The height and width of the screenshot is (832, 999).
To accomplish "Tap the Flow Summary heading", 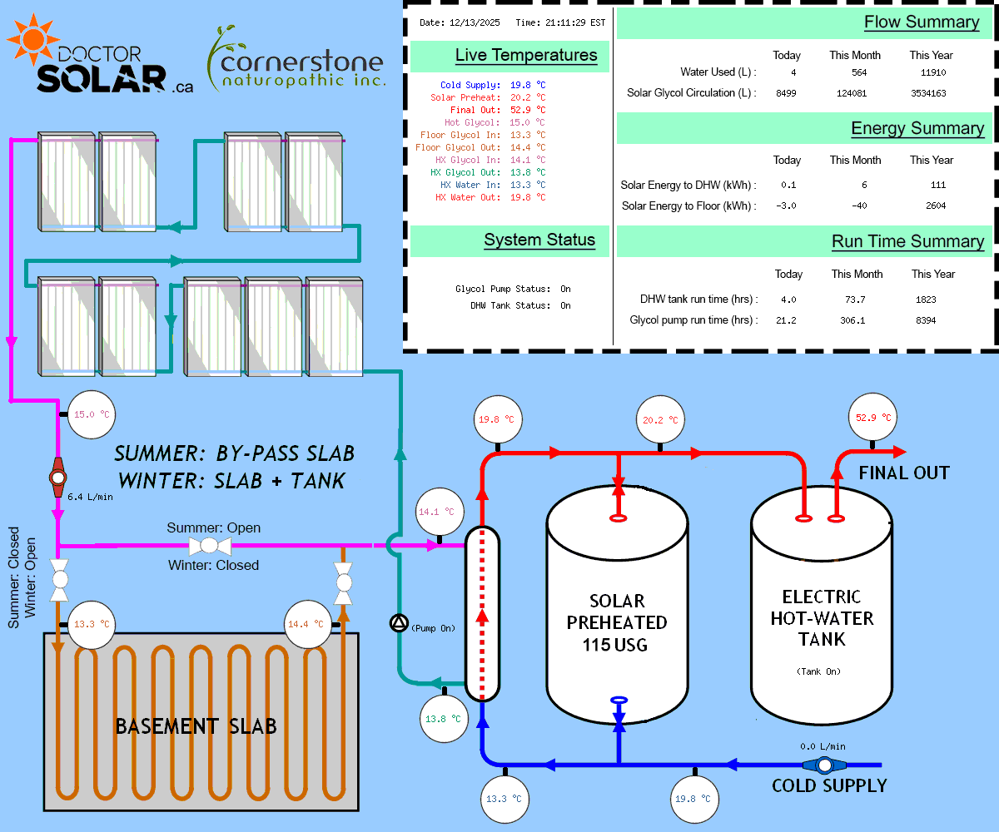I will click(922, 22).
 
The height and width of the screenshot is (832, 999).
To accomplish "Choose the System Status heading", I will click(539, 240).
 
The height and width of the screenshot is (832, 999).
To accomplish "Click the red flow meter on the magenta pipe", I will click(57, 478).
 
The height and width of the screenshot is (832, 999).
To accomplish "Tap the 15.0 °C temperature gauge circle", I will click(91, 414).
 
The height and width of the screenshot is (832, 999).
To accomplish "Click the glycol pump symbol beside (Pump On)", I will click(400, 623).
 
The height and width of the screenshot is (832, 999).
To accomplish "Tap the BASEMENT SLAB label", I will click(196, 726).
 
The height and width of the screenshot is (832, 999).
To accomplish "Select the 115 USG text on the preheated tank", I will click(617, 644).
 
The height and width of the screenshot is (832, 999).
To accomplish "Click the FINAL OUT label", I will click(904, 473).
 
